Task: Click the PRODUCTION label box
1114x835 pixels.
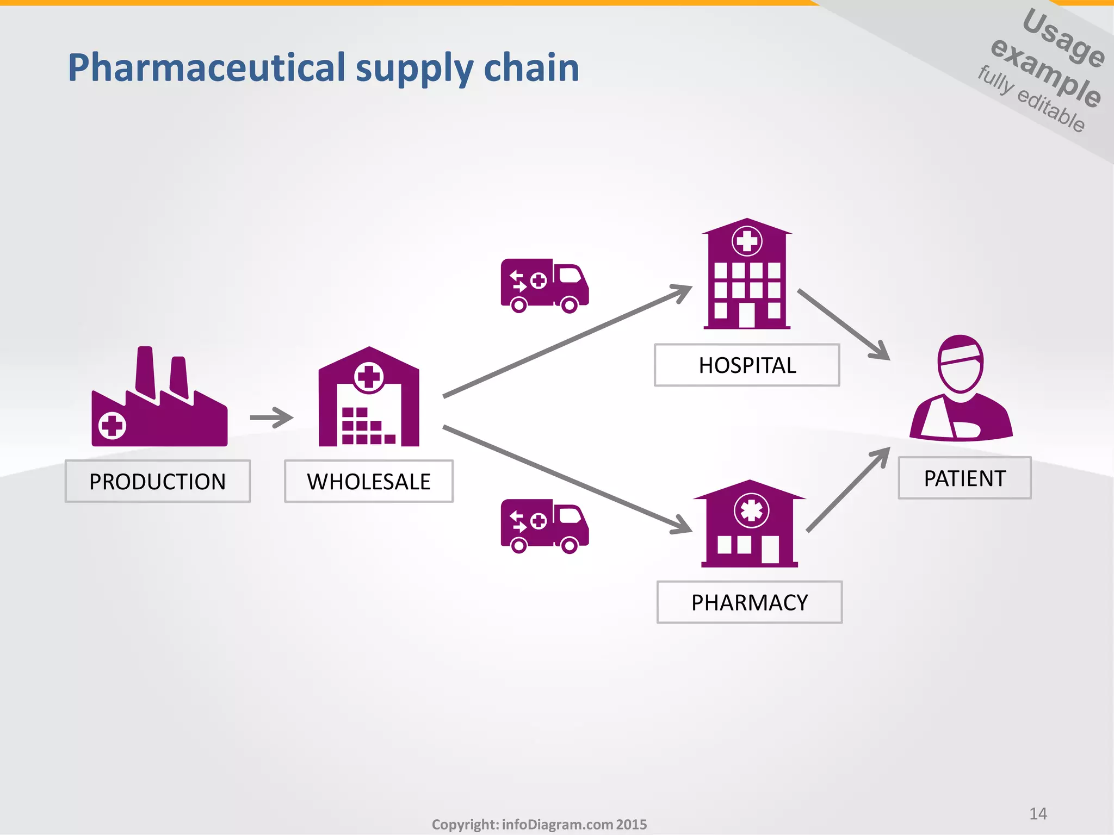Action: (158, 481)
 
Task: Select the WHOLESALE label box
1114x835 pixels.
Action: (369, 481)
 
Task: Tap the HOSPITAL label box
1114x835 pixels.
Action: (747, 365)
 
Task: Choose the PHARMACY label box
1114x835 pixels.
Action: (750, 602)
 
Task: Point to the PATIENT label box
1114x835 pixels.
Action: (964, 478)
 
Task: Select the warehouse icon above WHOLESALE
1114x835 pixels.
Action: (369, 400)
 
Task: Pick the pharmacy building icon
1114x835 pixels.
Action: (750, 525)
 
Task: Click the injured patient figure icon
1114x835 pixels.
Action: (961, 389)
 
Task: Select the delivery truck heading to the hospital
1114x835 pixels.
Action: (544, 285)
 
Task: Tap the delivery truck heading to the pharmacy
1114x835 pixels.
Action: (544, 526)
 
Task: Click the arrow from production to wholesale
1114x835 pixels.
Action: (271, 417)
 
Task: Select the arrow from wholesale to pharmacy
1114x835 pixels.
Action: (566, 478)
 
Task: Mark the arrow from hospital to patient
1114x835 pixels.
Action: (843, 325)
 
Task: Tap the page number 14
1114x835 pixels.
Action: (1038, 814)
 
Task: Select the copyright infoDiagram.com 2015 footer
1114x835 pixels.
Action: (539, 825)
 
